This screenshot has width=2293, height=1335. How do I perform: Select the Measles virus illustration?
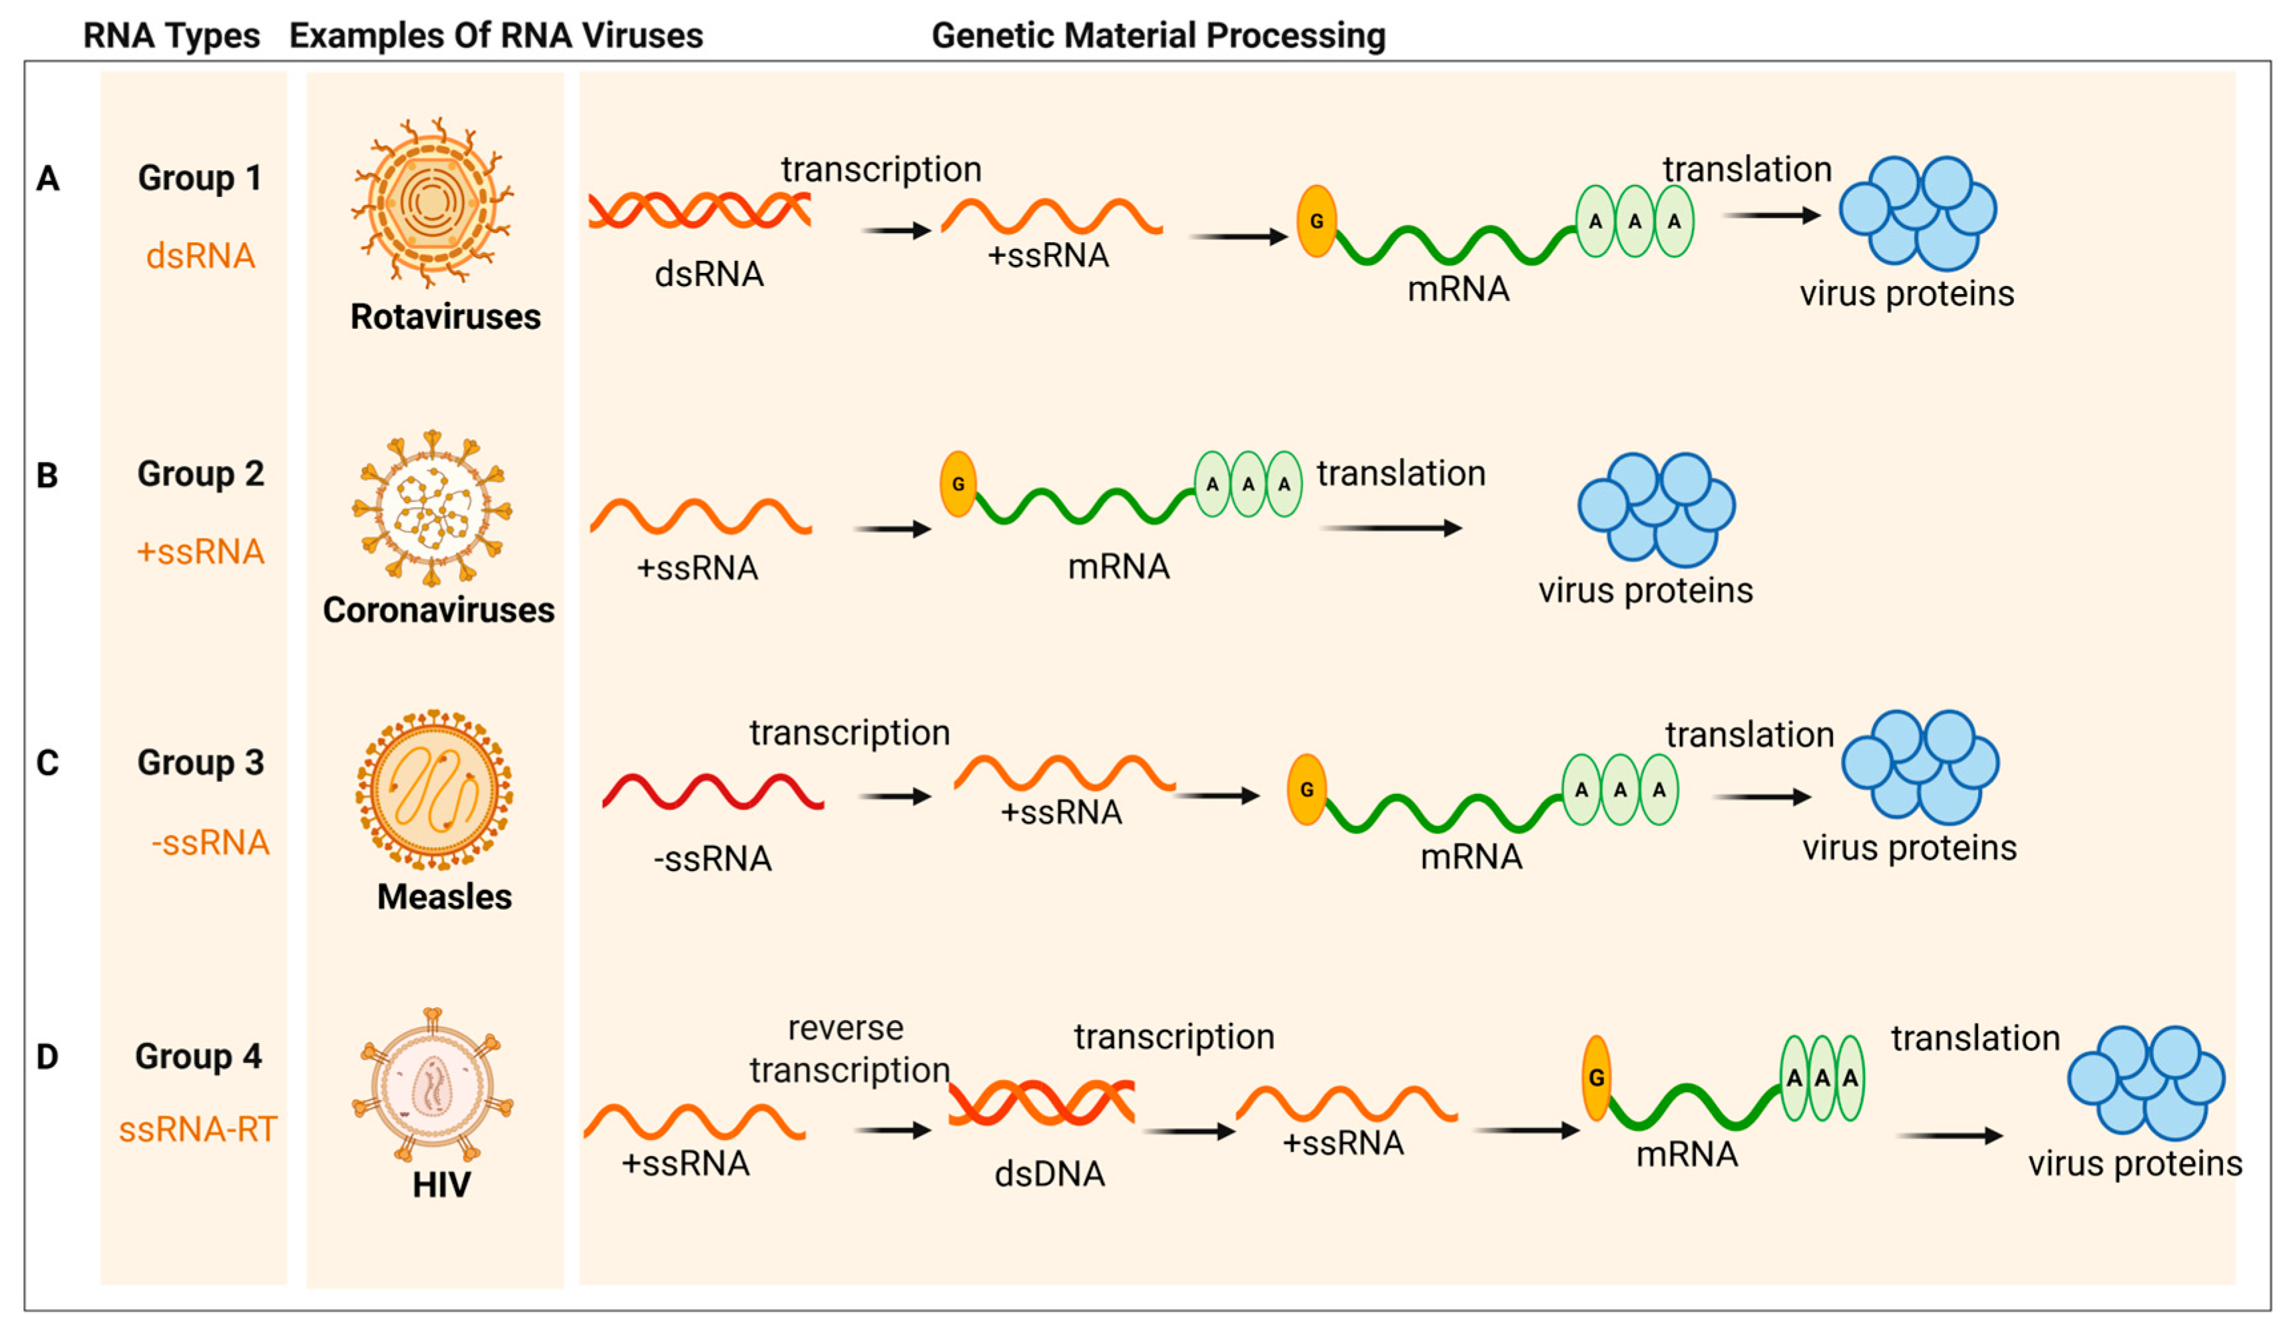pyautogui.click(x=434, y=790)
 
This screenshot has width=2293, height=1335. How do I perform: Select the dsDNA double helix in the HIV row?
pyautogui.click(x=1041, y=1102)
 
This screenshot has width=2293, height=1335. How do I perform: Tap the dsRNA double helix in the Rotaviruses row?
pyautogui.click(x=699, y=210)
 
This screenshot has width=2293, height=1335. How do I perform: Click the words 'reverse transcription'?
pyautogui.click(x=848, y=1049)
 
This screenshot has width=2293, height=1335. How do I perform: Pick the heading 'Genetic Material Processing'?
pyautogui.click(x=1157, y=35)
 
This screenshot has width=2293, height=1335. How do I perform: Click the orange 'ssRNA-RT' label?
pyautogui.click(x=198, y=1129)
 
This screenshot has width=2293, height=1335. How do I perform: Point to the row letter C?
pyautogui.click(x=47, y=763)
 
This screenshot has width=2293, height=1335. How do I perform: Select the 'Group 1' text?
pyautogui.click(x=199, y=178)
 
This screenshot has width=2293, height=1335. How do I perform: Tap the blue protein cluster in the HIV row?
pyautogui.click(x=2145, y=1083)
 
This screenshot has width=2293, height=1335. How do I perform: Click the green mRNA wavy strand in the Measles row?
pyautogui.click(x=1442, y=813)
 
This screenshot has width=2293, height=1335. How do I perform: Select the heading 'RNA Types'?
pyautogui.click(x=171, y=35)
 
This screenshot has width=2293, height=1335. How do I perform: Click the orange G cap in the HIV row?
pyautogui.click(x=1596, y=1078)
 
